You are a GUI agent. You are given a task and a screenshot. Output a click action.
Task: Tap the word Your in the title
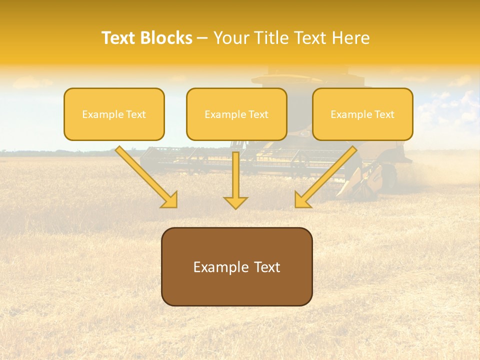click(x=231, y=38)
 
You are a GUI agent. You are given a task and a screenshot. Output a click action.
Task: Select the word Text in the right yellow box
click(x=384, y=114)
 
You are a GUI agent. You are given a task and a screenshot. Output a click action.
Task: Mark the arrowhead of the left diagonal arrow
click(x=169, y=200)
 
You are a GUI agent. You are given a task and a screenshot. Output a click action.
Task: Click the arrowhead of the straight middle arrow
click(x=235, y=202)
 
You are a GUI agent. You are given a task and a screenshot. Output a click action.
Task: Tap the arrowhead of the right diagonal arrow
click(x=302, y=200)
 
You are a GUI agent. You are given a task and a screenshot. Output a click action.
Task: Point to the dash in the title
click(x=202, y=38)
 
